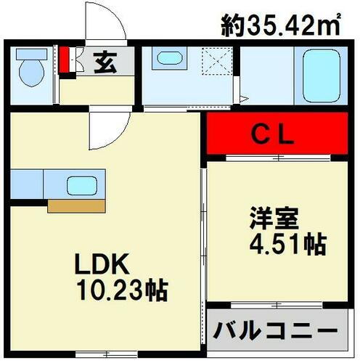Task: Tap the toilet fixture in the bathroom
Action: click(30, 71)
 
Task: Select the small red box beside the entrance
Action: click(65, 60)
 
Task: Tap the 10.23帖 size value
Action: click(121, 292)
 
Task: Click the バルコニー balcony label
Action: click(275, 332)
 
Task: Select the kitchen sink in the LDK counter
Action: click(82, 184)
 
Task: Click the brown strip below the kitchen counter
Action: click(77, 206)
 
